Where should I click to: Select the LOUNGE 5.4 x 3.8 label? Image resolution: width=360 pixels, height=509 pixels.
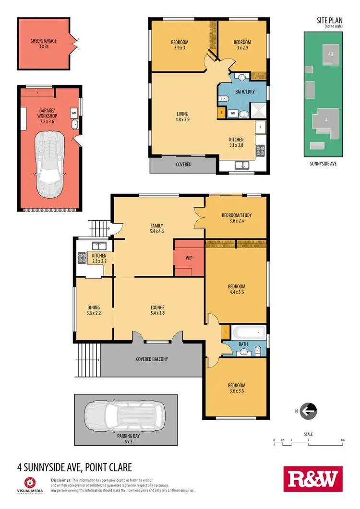coord(157,310)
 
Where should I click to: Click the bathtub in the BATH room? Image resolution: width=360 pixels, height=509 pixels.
coord(248,332)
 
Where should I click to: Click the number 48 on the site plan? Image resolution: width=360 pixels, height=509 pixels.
coord(330,54)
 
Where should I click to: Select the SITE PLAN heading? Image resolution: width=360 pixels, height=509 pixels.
coord(329,21)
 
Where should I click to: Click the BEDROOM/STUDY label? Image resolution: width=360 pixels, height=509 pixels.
coord(236,218)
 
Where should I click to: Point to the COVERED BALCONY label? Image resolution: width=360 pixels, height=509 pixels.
coord(152,359)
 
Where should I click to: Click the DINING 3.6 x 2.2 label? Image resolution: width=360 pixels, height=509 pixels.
coord(94,310)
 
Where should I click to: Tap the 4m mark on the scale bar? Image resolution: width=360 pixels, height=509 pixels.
coord(342,439)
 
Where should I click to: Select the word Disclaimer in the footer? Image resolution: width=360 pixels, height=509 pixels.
coord(61,480)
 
